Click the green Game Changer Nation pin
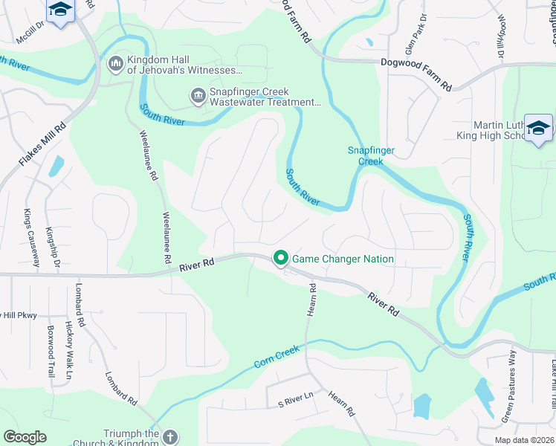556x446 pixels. click(281, 259)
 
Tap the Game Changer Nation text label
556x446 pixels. click(343, 259)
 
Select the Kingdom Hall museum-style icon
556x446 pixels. click(115, 65)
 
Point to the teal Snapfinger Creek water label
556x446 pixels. click(371, 155)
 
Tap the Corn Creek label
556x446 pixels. click(277, 357)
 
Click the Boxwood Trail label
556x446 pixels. click(51, 351)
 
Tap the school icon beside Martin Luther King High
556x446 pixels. click(538, 129)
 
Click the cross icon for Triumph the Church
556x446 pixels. click(169, 437)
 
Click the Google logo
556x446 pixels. click(25, 437)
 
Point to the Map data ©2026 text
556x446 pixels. click(525, 439)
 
